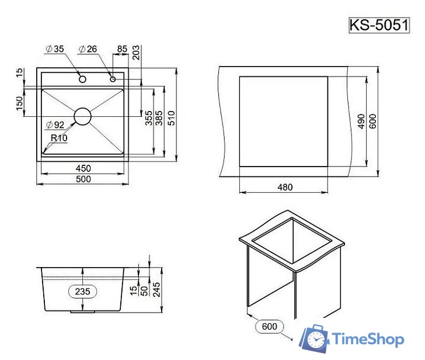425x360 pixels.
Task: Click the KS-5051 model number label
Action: pyautogui.click(x=377, y=26)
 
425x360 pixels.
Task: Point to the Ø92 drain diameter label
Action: pyautogui.click(x=54, y=124)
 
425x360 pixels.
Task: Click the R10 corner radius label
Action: pyautogui.click(x=59, y=139)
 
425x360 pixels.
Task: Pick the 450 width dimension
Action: pyautogui.click(x=83, y=168)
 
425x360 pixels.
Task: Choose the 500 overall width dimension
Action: pyautogui.click(x=83, y=179)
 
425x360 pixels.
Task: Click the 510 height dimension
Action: pyautogui.click(x=171, y=118)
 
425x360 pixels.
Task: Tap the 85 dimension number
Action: pyautogui.click(x=122, y=49)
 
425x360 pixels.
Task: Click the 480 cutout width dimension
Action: pyautogui.click(x=284, y=187)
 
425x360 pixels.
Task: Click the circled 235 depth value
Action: pyautogui.click(x=83, y=290)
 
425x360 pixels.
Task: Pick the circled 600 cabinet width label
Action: pyautogui.click(x=270, y=326)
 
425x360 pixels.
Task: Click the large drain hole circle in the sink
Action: pyautogui.click(x=83, y=116)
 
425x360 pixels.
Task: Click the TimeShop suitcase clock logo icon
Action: pyautogui.click(x=315, y=338)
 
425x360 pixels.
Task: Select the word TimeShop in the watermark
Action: pyautogui.click(x=368, y=338)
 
